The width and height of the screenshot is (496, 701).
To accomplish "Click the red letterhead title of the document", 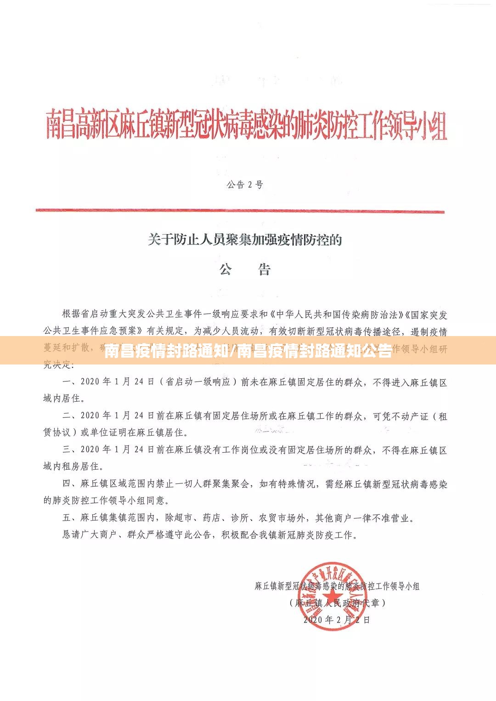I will point(246,125).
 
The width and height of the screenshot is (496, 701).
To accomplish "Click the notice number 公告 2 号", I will point(245,185).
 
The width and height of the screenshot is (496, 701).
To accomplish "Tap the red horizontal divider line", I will point(240,211).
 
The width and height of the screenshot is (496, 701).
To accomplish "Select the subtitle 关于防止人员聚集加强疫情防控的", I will point(245,240).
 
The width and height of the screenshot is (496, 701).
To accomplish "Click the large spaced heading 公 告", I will point(245,269).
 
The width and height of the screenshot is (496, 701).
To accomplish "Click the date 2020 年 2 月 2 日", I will point(337,619).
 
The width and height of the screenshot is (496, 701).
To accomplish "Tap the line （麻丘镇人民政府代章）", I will point(338,603).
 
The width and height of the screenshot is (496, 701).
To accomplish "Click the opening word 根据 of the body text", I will point(72,314).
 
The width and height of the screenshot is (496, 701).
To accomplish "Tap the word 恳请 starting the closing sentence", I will point(72,535).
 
